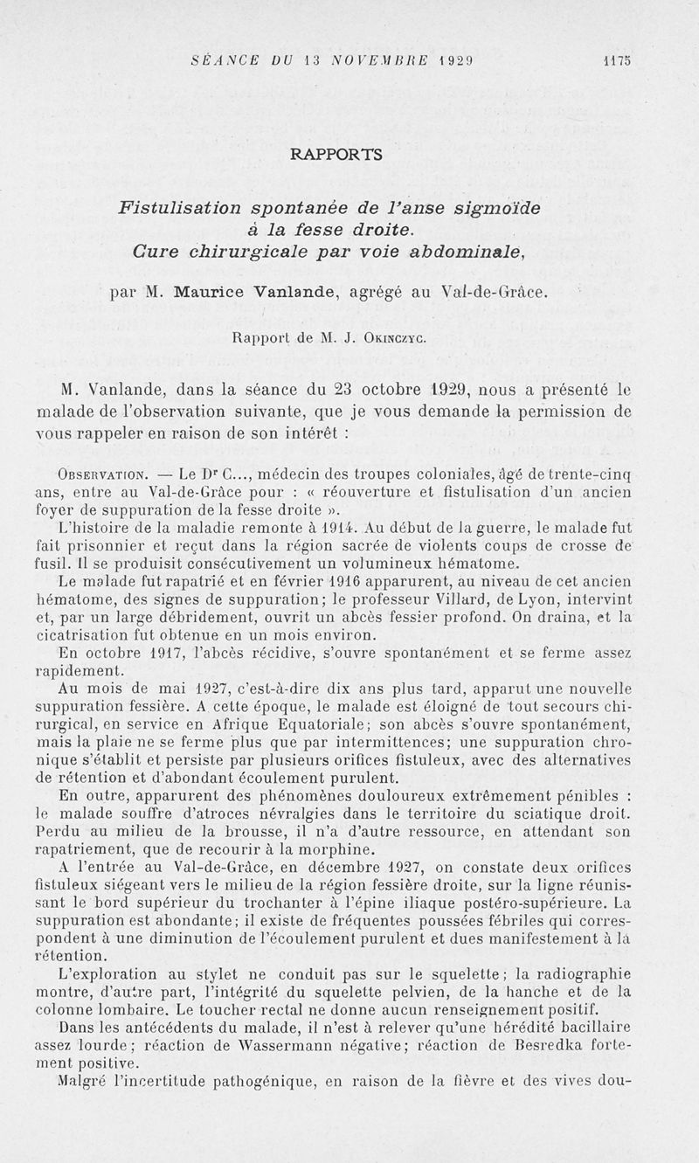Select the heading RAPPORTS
coord(336,154)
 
